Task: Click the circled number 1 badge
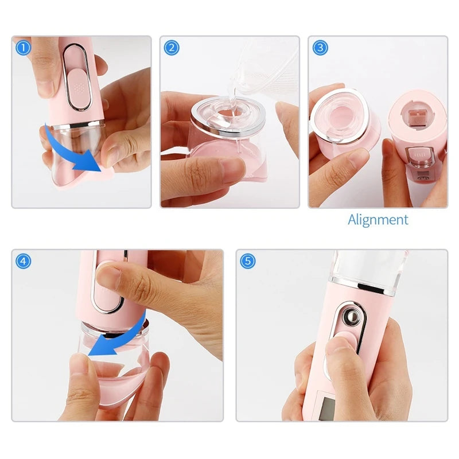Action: click(23, 48)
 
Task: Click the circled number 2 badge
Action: click(172, 48)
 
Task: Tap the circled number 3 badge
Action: click(320, 48)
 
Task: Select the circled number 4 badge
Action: click(23, 261)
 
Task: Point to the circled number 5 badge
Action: click(248, 261)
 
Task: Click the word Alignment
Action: click(378, 220)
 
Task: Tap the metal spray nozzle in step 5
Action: click(352, 317)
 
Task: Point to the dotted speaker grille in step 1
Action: click(79, 87)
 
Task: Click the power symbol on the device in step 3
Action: click(421, 178)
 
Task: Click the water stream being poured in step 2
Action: click(233, 94)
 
